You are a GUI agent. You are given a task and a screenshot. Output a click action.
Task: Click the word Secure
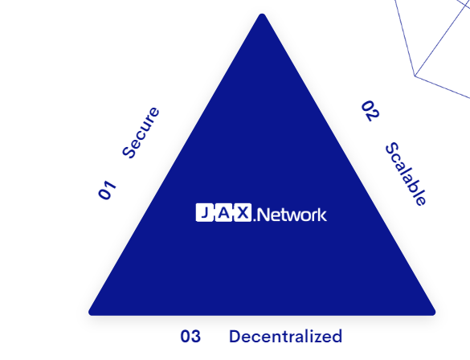coord(141,133)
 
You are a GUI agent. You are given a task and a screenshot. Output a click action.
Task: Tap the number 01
coord(107,190)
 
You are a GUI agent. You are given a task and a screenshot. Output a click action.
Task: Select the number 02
coord(370,111)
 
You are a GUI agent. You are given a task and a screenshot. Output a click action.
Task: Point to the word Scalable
coord(406,174)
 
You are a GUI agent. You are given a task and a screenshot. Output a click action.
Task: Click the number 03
coord(190,337)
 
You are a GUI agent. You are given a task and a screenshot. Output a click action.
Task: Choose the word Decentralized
coord(285,337)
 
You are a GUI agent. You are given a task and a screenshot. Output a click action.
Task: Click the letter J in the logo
coord(205,212)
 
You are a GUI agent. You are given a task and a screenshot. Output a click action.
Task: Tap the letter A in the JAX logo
coord(224,212)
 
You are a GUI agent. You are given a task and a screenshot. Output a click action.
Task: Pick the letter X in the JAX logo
coord(243,212)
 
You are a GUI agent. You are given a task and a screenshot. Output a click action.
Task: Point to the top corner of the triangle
coord(262,14)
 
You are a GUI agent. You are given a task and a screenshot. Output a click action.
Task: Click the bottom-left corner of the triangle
coord(89,313)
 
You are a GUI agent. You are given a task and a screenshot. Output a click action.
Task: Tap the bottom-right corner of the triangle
coord(435,313)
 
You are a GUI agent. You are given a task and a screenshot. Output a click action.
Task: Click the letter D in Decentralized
coord(235,337)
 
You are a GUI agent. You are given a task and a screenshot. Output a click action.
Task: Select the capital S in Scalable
coord(392,149)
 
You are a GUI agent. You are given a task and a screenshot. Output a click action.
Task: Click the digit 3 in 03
coord(196,337)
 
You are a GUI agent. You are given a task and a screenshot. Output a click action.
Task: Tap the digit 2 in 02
coord(374,117)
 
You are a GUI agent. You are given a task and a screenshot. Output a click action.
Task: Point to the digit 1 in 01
coord(110,186)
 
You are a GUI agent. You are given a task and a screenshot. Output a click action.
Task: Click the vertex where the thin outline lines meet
coord(415,76)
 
